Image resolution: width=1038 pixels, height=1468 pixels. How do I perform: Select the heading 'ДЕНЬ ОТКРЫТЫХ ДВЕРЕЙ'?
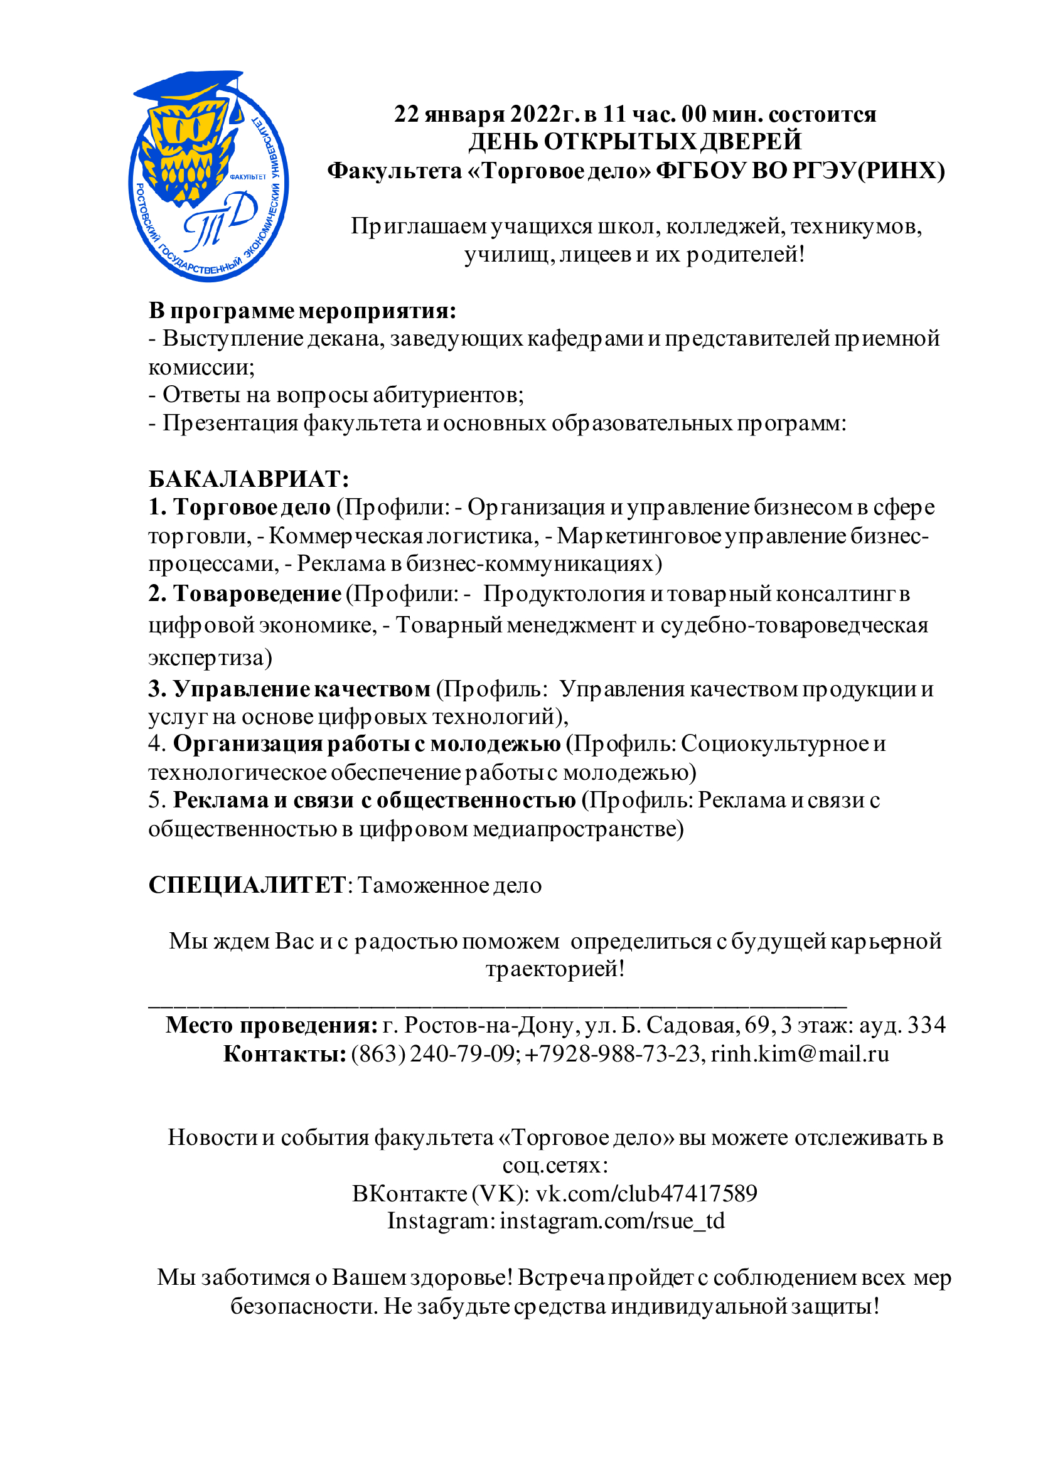[x=634, y=142]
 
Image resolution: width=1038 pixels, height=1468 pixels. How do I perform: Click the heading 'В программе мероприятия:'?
[x=302, y=311]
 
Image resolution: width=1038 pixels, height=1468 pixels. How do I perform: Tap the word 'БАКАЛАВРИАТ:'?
[x=249, y=479]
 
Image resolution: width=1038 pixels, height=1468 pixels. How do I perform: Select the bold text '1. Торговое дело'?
[x=240, y=507]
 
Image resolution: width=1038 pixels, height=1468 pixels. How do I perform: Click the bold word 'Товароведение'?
[x=257, y=594]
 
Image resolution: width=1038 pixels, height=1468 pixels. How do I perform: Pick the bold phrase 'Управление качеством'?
[x=302, y=689]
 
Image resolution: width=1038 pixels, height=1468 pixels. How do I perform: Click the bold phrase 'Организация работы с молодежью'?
[x=367, y=744]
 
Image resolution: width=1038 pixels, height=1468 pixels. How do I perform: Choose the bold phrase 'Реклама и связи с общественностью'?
[x=375, y=800]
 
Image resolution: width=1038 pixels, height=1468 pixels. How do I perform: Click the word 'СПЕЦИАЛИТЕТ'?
[x=247, y=886]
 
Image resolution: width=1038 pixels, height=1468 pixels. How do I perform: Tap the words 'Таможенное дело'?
[x=449, y=886]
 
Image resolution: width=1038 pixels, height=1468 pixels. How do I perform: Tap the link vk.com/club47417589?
[x=646, y=1194]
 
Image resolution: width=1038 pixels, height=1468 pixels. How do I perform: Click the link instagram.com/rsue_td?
[x=612, y=1221]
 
